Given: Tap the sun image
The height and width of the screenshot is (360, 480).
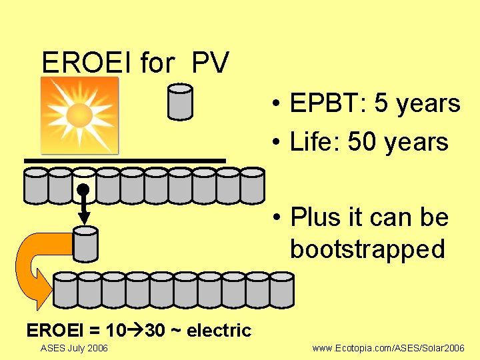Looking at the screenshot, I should coord(79,115).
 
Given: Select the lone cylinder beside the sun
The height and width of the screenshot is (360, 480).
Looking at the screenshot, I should coord(180,102).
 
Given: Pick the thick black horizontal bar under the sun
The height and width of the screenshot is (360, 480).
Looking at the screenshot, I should coord(125,161).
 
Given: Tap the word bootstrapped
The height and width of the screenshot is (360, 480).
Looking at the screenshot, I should coord(367,249).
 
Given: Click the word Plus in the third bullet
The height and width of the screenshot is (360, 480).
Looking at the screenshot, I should coord(315,217).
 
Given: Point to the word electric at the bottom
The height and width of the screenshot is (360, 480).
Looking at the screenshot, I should coord(219,330).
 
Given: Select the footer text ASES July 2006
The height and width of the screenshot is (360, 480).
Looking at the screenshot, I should coord(74,348).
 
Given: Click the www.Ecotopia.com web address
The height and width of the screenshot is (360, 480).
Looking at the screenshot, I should coord(389,349).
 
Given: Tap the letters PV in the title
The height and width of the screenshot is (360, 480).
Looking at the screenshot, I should coord(211,63).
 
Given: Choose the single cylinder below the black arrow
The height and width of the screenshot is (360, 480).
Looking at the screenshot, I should coord(85,243).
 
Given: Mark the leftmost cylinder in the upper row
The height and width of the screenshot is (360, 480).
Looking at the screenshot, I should coord(36,185).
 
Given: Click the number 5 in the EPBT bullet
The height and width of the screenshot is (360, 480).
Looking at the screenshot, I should coord(383,104).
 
